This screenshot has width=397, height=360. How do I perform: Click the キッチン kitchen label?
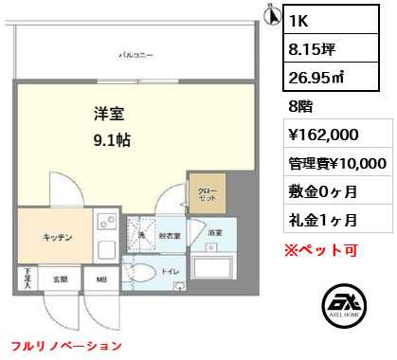[55, 237]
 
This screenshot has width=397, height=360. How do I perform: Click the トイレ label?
[172, 270]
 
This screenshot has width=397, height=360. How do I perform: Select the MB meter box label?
[100, 279]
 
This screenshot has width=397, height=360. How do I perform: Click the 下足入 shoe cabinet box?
[27, 278]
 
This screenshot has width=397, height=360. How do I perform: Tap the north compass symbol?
[270, 15]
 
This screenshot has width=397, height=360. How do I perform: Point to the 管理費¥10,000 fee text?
[336, 163]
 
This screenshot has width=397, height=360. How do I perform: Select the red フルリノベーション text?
[66, 346]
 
